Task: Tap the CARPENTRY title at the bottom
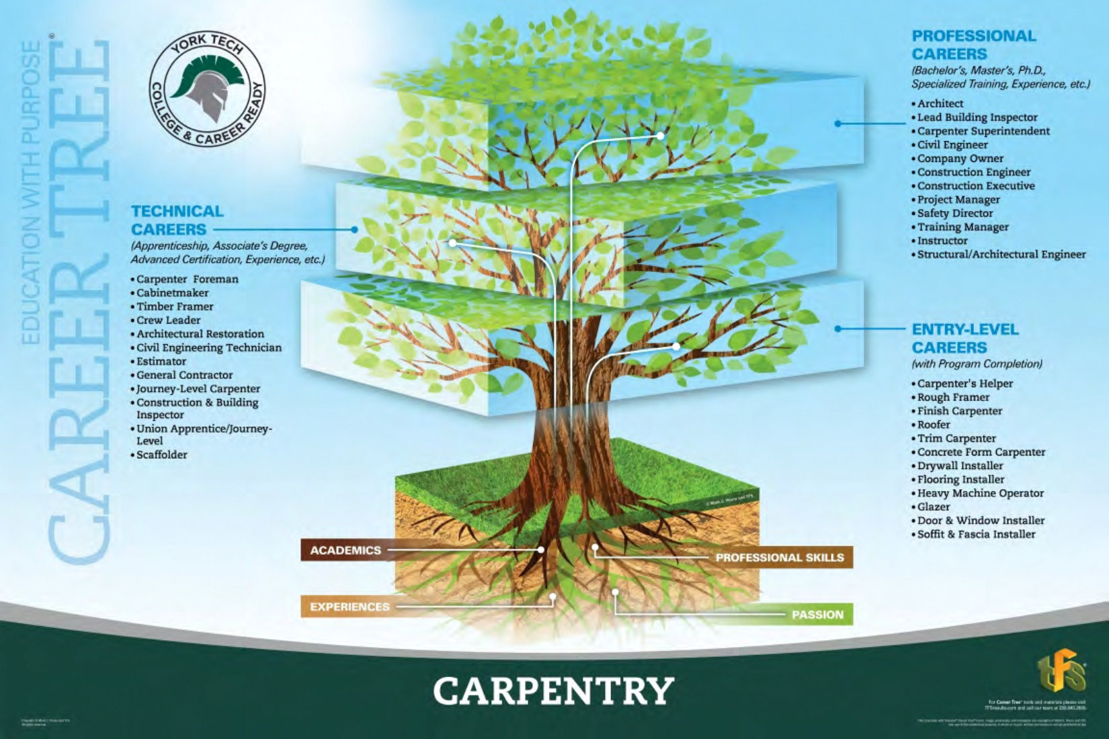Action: point(553,691)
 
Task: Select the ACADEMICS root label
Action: point(345,550)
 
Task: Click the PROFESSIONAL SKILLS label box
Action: point(780,558)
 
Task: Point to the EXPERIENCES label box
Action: point(350,607)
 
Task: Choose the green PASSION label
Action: point(817,615)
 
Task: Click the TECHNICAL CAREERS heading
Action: point(177,220)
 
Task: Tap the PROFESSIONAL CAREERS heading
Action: point(973,45)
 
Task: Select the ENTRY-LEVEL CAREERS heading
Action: point(964,339)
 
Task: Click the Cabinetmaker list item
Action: point(172,293)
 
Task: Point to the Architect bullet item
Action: point(940,103)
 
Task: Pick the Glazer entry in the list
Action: point(934,507)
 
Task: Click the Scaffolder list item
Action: point(161,455)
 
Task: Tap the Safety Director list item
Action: point(954,213)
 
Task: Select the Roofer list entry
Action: point(934,425)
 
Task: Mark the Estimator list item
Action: point(161,361)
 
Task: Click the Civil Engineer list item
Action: point(952,144)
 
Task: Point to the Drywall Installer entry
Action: point(960,466)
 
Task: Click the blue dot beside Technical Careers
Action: point(354,230)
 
